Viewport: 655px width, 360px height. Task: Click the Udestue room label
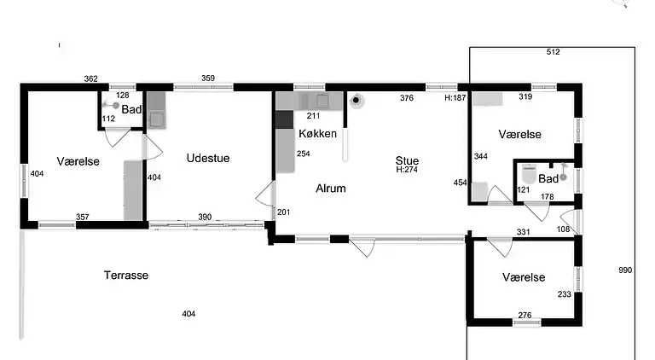pos(208,159)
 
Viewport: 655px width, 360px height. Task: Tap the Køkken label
pos(317,134)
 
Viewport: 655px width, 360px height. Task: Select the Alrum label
pos(331,189)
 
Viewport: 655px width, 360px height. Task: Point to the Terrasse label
pos(126,276)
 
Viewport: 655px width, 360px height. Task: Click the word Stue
pos(407,160)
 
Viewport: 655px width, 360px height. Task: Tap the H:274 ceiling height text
pos(407,170)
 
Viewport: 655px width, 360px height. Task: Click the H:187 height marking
pos(455,98)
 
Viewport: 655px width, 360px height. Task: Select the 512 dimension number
pos(553,52)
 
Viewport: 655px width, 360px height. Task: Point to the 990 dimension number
pos(625,270)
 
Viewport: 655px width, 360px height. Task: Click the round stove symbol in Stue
pos(356,100)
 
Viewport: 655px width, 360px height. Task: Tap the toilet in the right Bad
pos(529,174)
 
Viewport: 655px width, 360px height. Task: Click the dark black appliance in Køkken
pos(284,119)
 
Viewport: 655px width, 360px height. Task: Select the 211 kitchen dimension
pos(313,116)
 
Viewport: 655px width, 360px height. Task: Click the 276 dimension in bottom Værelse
pos(525,316)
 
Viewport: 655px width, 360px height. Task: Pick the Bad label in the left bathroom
pos(131,109)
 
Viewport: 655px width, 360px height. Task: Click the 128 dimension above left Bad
pos(123,96)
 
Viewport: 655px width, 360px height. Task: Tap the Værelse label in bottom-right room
pos(524,277)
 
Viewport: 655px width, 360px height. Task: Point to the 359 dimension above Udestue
pos(208,78)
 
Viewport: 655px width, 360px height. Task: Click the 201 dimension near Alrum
pos(284,212)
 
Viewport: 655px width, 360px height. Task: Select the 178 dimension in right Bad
pos(548,197)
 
